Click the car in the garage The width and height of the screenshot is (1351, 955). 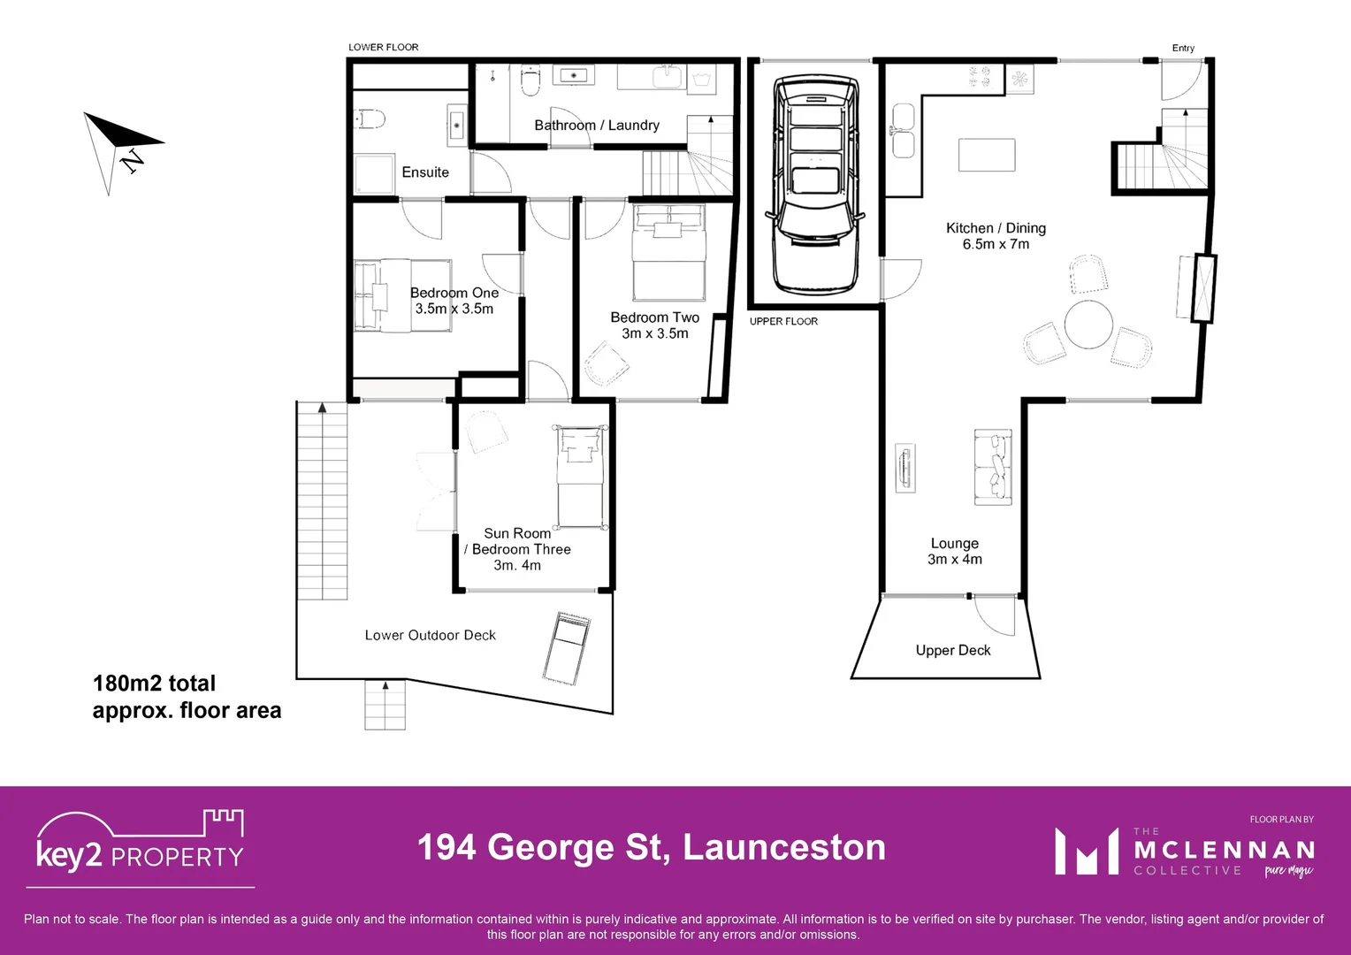pos(815,184)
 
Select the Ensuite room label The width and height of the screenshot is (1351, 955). pos(425,172)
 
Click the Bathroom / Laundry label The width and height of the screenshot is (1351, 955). pos(597,126)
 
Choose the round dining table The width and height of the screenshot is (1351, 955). pos(1088,325)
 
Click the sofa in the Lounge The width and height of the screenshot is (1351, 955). pos(993,467)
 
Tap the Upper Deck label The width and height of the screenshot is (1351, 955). pos(953,650)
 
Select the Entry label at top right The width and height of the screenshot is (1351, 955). pos(1183,48)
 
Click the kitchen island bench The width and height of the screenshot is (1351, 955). pos(987,155)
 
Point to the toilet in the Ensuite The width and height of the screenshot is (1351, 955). pos(370,118)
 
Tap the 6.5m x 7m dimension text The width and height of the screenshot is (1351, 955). pos(996,244)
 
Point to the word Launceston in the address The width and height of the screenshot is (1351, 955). pos(783,847)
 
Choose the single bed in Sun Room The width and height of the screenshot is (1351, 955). pos(581,477)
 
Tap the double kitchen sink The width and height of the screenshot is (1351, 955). pos(903,131)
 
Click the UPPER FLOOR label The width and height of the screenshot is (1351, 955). pos(783,321)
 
